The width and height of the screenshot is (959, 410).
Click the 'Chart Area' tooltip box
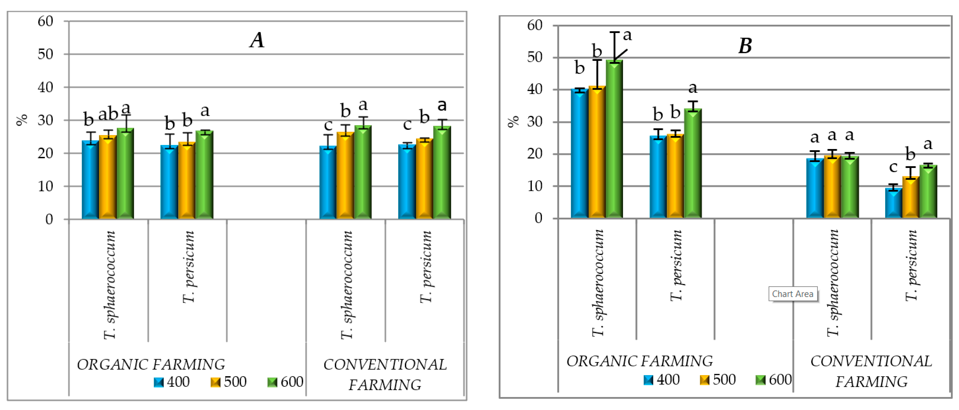[793, 294]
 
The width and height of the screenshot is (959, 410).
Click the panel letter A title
[257, 40]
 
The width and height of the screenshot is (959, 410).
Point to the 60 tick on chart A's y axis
[45, 21]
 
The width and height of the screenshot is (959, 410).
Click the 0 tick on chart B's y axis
[538, 219]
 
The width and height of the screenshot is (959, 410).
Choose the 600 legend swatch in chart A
[272, 382]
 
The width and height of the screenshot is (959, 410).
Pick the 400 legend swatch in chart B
[648, 380]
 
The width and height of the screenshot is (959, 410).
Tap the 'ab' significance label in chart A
[108, 114]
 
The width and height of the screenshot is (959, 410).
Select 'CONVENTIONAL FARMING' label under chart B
[871, 371]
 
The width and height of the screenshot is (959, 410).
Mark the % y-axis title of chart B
[513, 121]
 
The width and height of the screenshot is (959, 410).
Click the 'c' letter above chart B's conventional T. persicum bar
[893, 167]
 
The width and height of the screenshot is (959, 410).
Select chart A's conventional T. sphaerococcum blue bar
[328, 182]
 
